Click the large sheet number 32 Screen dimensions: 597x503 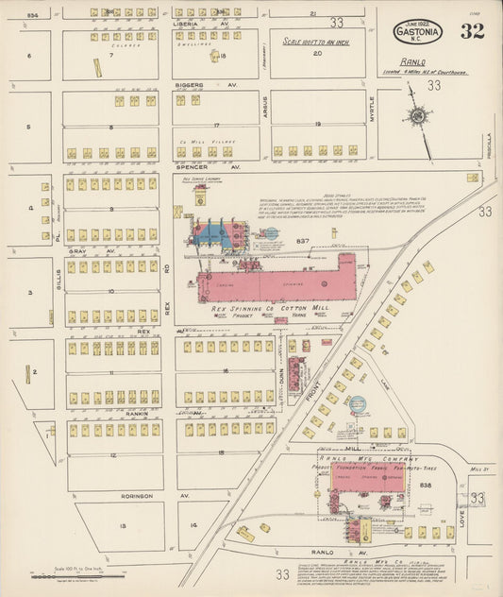point(472,30)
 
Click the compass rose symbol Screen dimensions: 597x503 point(418,116)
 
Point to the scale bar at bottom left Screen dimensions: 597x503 point(80,573)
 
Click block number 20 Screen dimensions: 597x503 point(317,54)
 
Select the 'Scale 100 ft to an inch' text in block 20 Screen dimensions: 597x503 point(317,41)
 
